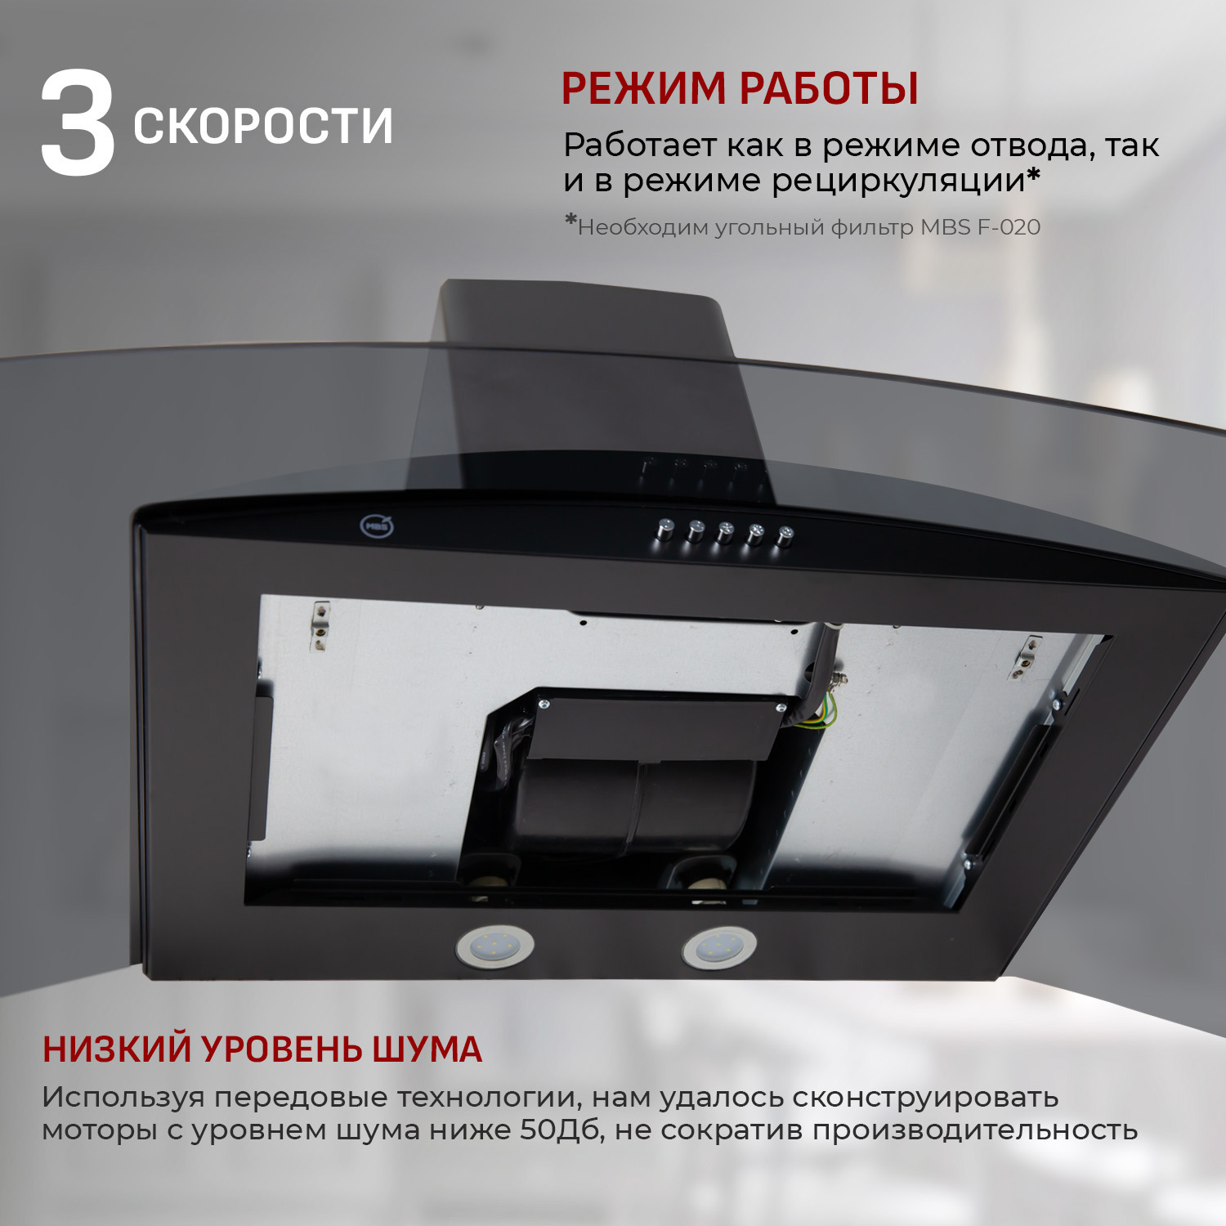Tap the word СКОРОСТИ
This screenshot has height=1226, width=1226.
pyautogui.click(x=262, y=126)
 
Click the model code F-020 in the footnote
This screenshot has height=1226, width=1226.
pyautogui.click(x=1008, y=227)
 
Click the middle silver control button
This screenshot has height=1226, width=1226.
pyautogui.click(x=725, y=532)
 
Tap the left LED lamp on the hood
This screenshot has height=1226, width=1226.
pyautogui.click(x=494, y=947)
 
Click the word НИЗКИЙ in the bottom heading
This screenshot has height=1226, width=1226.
pyautogui.click(x=118, y=1049)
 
